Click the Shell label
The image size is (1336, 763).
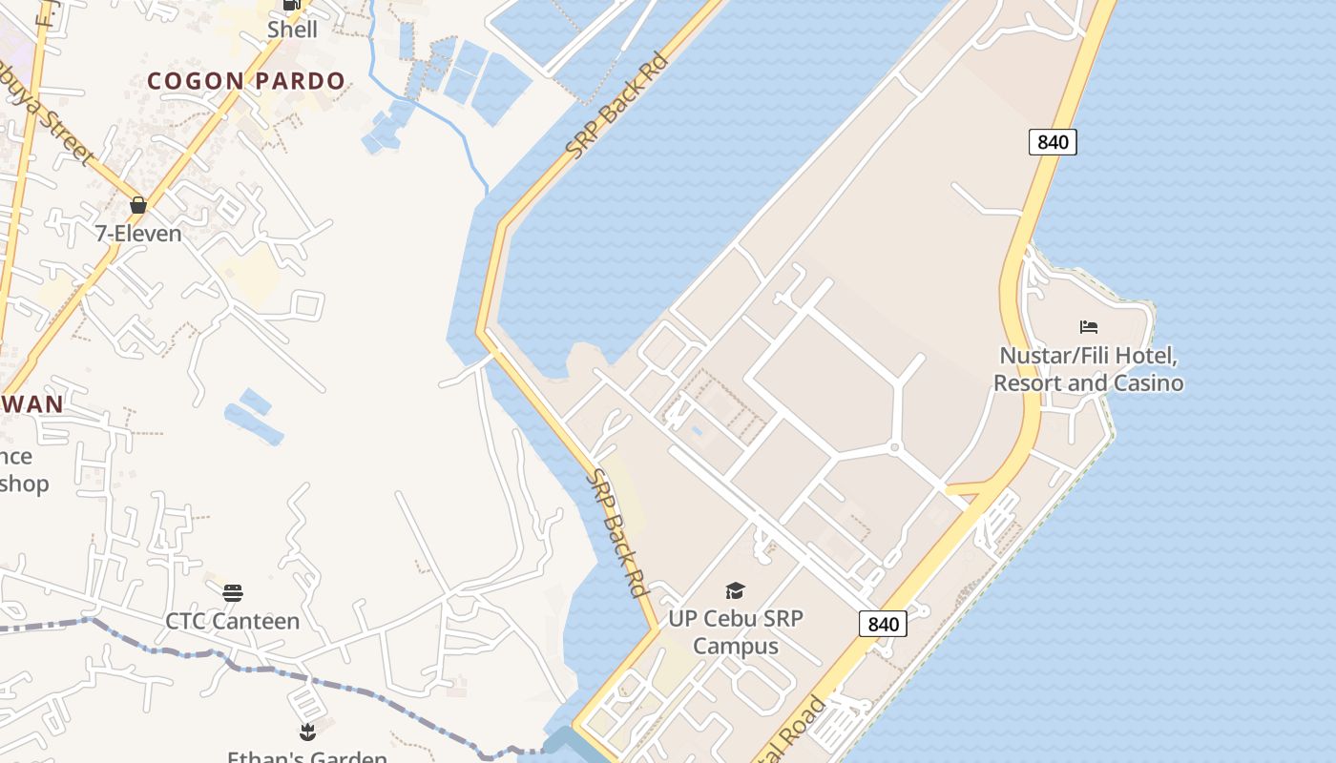point(292,30)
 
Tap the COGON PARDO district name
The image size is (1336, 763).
point(246,81)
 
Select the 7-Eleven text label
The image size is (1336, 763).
point(138,233)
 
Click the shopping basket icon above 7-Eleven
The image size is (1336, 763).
point(138,205)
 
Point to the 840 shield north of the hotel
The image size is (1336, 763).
point(1053,142)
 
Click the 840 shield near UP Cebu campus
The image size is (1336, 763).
point(883,624)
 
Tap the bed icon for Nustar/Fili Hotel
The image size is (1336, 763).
point(1089,327)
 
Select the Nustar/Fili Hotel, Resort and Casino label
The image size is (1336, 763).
point(1089,370)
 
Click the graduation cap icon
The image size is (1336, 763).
point(735,591)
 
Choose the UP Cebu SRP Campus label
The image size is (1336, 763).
point(735,631)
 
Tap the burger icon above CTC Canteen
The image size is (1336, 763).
point(233,593)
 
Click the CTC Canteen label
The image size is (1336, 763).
point(233,621)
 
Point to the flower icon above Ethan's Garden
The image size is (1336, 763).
point(307,732)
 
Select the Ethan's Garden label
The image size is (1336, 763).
point(307,756)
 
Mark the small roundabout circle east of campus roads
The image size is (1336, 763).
point(895,447)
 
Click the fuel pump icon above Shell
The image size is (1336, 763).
point(292,5)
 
